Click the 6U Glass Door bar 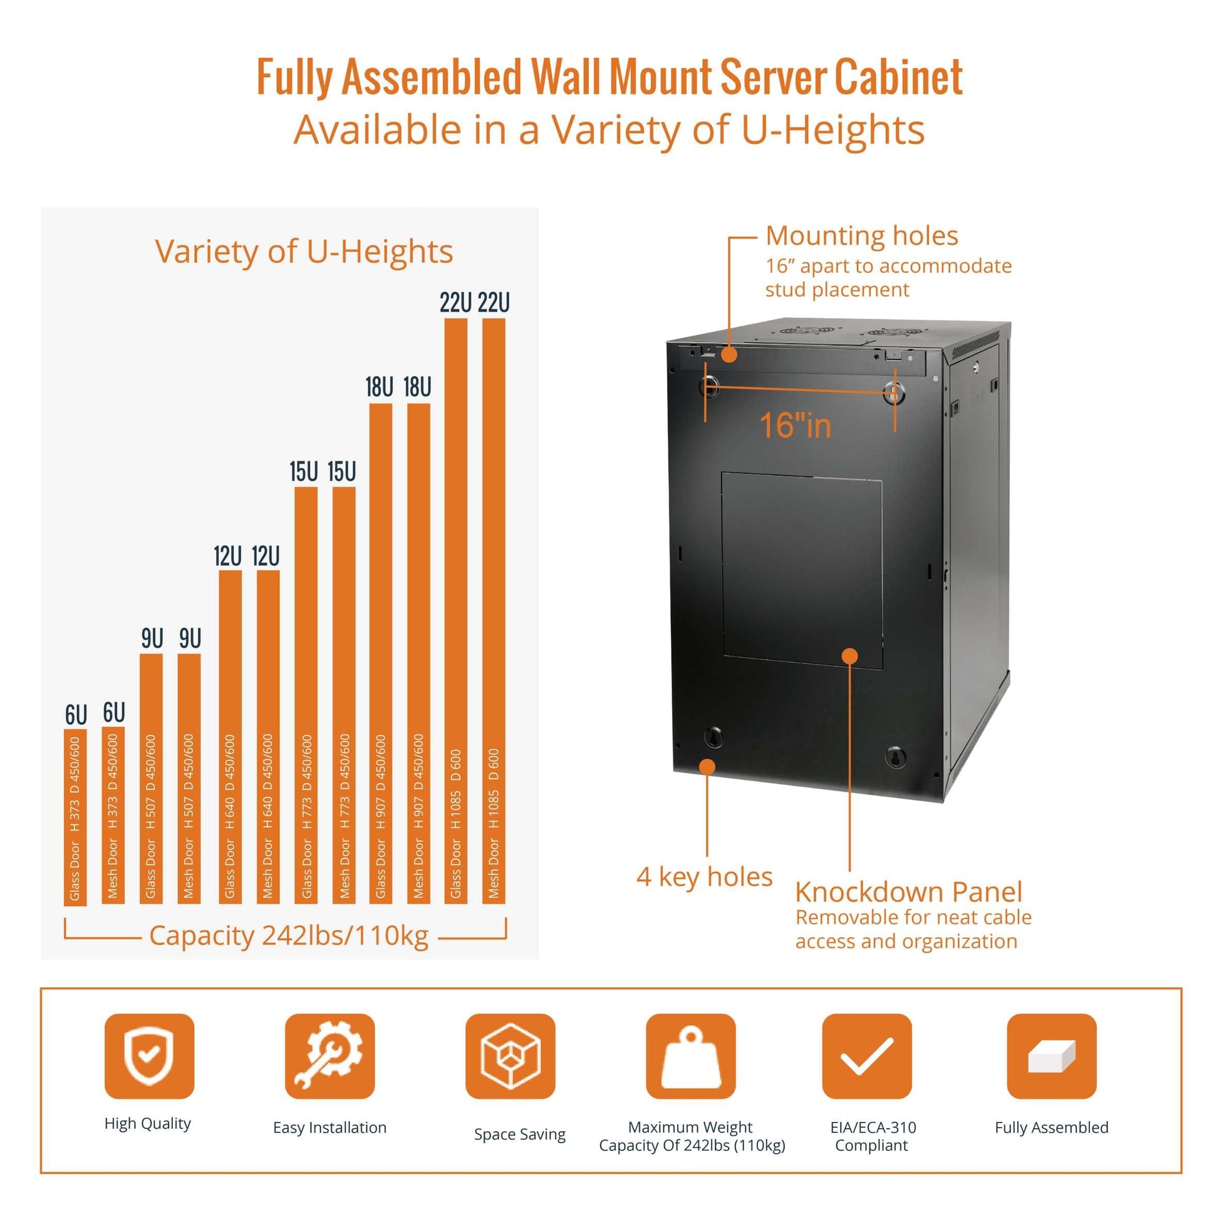[75, 817]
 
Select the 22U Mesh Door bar [494, 611]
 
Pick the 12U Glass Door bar [230, 737]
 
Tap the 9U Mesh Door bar [189, 779]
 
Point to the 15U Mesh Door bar [343, 695]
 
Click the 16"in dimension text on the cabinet [795, 425]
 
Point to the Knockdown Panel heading [908, 892]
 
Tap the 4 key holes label [704, 877]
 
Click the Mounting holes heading [862, 236]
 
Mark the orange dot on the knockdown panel [850, 656]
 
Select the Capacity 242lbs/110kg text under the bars [289, 936]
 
